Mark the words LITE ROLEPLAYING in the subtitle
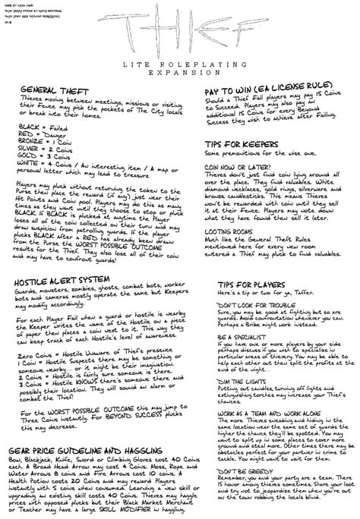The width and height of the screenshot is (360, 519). tap(180, 67)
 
